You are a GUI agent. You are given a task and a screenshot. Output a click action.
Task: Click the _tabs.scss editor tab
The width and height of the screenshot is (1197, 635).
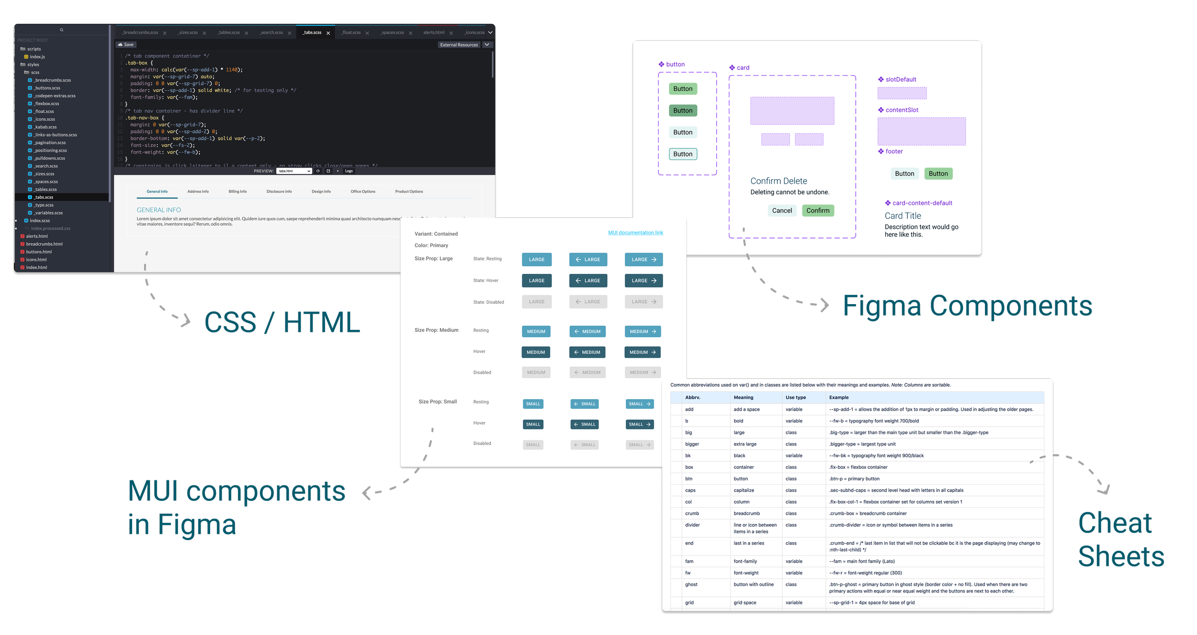tap(312, 33)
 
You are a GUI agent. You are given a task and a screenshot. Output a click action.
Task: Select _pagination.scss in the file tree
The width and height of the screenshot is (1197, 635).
tap(50, 143)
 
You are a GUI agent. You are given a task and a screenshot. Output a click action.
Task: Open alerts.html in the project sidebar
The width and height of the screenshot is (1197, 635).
tap(37, 236)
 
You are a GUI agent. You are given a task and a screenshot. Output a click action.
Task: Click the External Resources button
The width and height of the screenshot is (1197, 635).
tap(459, 45)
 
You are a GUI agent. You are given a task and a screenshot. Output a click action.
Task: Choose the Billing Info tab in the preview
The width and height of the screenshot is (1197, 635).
tap(237, 192)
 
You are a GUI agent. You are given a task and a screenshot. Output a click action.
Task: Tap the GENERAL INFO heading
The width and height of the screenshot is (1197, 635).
tap(159, 210)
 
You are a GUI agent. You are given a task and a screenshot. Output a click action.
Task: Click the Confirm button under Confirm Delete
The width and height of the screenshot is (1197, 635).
tap(818, 211)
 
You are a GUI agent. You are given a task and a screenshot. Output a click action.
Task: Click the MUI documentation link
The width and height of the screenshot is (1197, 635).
tap(635, 233)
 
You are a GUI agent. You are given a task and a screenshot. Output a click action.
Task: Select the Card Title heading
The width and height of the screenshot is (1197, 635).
tap(903, 216)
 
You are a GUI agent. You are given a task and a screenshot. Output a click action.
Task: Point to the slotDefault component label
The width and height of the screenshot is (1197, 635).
tap(901, 79)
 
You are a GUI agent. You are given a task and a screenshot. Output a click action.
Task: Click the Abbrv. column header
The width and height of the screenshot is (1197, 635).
tap(692, 397)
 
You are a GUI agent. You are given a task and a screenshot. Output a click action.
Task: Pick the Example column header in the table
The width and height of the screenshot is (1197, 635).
tap(839, 397)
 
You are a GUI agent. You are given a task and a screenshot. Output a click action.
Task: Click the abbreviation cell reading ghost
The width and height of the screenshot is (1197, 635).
tap(691, 584)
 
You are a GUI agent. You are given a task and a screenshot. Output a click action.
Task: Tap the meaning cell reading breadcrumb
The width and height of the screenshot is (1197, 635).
tap(746, 513)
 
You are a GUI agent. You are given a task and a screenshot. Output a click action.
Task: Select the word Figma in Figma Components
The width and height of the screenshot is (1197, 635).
tap(882, 307)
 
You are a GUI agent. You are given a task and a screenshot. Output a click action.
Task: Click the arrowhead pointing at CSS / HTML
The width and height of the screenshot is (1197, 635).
tap(187, 321)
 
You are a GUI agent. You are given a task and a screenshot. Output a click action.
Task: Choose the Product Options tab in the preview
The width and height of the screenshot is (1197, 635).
tap(409, 192)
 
